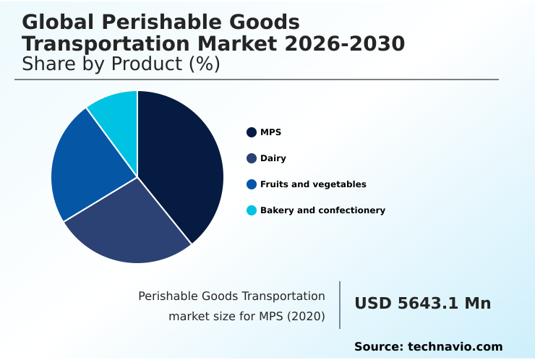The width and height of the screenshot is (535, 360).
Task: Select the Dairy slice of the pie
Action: tap(130, 224)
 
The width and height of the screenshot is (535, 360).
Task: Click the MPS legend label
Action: tap(270, 132)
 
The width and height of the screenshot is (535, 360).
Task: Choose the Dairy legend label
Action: tap(273, 158)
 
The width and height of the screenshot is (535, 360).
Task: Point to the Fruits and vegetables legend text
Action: tap(313, 184)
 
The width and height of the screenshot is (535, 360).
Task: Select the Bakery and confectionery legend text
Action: tap(322, 210)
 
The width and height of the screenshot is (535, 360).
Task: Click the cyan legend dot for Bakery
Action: tap(252, 210)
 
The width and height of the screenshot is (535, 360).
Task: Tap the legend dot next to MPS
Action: tap(252, 132)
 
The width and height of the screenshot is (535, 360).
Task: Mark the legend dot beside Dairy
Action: tap(252, 158)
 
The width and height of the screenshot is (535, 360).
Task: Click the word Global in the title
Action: tap(55, 22)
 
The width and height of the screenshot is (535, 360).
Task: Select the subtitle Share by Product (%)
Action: tap(121, 64)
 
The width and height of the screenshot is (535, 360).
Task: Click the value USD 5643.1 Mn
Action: tap(422, 304)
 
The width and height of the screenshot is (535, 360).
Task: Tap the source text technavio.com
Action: tap(455, 347)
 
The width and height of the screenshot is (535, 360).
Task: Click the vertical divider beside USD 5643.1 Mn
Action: tap(340, 304)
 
